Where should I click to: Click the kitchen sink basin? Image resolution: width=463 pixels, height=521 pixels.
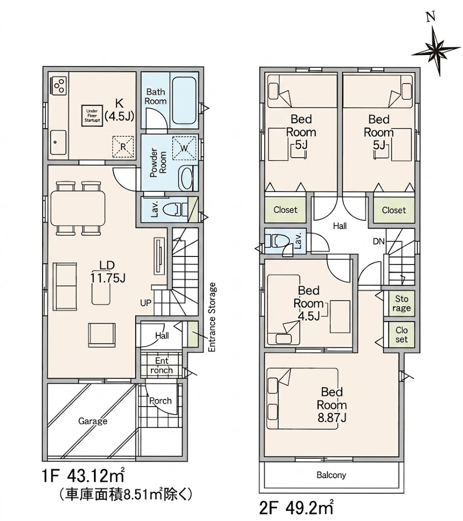(58, 142)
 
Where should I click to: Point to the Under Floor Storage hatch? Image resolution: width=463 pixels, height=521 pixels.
(92, 115)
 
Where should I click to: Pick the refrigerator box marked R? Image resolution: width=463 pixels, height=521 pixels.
(123, 147)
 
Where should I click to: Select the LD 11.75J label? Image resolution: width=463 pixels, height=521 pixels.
(108, 272)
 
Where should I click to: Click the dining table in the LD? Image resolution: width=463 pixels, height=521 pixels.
(78, 208)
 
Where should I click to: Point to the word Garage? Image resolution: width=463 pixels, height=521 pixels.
(92, 421)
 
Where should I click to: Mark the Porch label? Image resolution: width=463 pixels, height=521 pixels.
(160, 401)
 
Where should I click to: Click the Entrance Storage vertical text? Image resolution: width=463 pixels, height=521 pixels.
(211, 317)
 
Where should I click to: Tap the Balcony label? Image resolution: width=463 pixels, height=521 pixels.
(331, 475)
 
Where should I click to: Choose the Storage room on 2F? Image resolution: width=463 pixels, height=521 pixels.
(402, 303)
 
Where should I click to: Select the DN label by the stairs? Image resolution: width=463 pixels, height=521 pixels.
(379, 241)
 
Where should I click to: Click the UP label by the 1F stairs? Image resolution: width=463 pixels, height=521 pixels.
(146, 303)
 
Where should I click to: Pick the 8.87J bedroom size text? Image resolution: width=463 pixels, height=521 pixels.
(332, 417)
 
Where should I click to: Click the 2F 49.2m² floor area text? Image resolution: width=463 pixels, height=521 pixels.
(296, 508)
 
